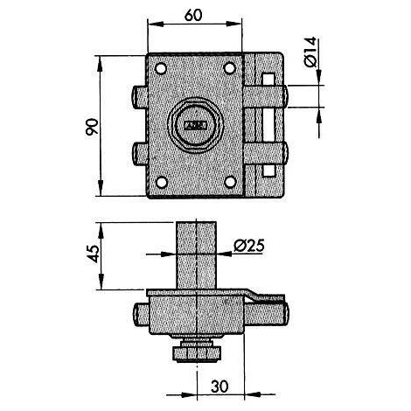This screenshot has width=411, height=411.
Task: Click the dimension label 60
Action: [x=193, y=15]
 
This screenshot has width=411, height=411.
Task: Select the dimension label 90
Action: [x=92, y=127]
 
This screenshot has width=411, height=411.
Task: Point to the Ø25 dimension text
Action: [x=249, y=246]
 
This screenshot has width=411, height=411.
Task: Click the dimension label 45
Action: [x=93, y=254]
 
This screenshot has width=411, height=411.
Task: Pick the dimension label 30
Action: [x=219, y=387]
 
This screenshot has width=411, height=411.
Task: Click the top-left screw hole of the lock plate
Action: [x=161, y=68]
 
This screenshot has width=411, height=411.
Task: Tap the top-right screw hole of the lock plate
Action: [x=229, y=68]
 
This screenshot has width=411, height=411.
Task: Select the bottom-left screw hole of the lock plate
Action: [x=161, y=182]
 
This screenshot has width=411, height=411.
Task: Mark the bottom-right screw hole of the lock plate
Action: [x=230, y=182]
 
